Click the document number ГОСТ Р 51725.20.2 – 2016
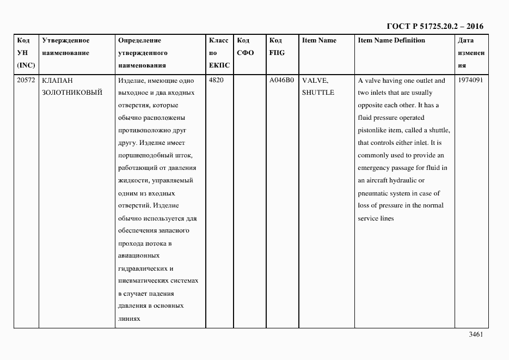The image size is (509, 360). [434, 26]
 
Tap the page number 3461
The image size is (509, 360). [476, 335]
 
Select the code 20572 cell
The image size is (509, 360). [26, 81]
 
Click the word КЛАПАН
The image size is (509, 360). [57, 81]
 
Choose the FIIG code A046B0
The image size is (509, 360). [281, 81]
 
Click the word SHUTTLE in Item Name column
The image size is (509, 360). [318, 93]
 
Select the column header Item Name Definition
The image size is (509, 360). [391, 41]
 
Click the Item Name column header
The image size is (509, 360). [319, 41]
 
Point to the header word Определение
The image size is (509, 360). [140, 41]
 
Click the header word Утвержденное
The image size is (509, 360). [66, 41]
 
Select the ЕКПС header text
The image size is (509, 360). [219, 65]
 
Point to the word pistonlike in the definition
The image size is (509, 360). [375, 130]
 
